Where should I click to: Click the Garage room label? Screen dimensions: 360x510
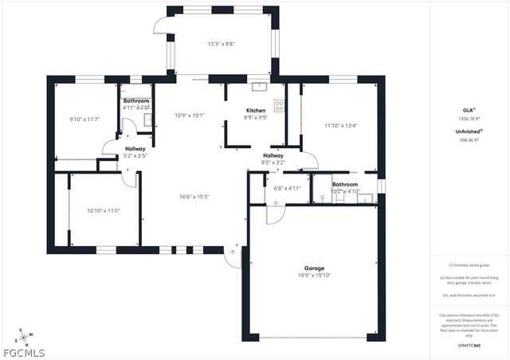(313, 268)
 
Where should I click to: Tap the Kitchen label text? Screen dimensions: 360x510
(256, 110)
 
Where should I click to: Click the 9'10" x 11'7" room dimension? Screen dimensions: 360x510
(84, 119)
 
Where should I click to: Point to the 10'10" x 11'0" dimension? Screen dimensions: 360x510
(103, 210)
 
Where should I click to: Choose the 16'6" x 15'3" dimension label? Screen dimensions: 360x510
(189, 196)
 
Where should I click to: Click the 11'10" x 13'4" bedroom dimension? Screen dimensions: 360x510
(341, 124)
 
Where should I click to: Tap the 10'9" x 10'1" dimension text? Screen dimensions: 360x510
(190, 115)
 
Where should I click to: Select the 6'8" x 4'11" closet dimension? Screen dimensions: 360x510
(287, 189)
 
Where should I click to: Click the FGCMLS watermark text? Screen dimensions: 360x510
(24, 352)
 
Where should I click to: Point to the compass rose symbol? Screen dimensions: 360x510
(24, 335)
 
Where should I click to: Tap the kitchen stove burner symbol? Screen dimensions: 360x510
(279, 104)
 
